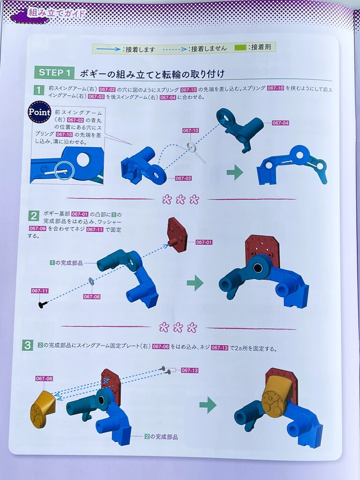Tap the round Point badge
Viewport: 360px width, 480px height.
39,112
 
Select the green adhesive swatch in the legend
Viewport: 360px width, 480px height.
240,47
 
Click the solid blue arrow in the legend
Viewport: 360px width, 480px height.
108,49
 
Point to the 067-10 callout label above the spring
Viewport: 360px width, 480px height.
190,130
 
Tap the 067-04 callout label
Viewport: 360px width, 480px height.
280,123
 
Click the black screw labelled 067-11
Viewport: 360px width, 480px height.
43,304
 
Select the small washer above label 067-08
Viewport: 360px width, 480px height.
91,280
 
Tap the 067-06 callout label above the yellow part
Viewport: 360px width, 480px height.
44,379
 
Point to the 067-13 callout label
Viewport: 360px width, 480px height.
189,370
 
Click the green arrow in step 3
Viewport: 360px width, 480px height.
208,405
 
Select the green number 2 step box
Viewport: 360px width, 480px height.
33,216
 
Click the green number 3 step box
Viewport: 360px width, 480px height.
28,345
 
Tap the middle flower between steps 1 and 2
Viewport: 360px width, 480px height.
180,200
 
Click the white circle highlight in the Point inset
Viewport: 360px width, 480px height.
65,170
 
